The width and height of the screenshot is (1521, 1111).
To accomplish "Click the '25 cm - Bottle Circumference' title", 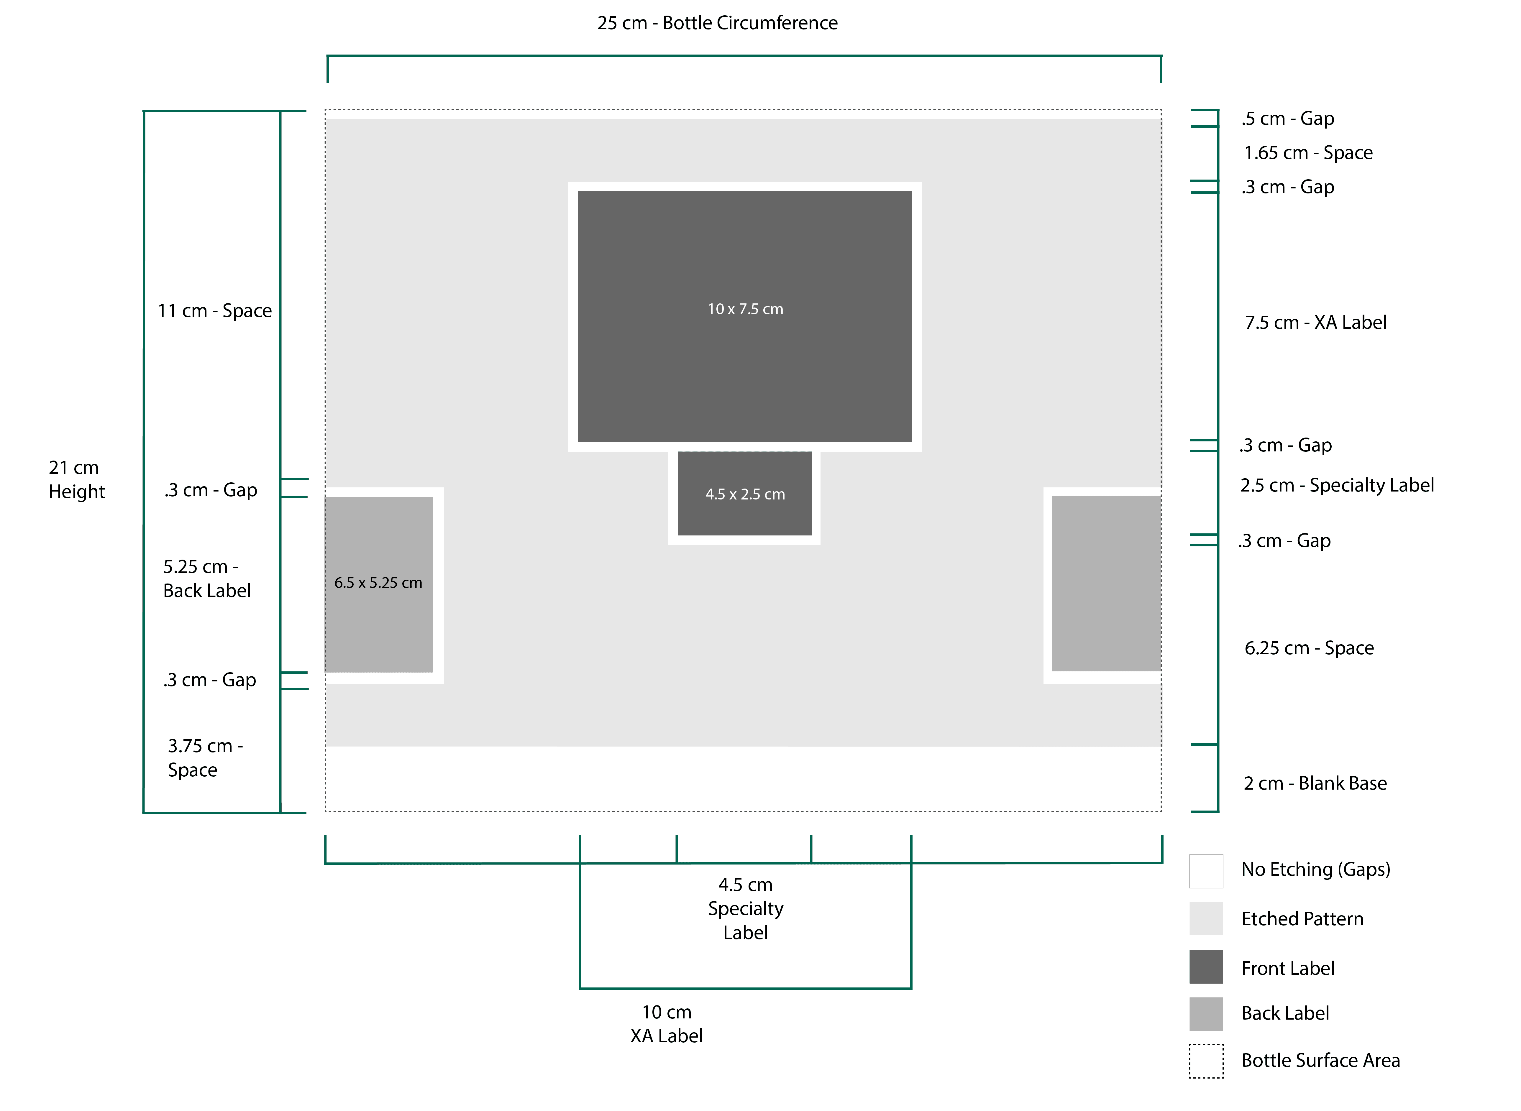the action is pos(717,23).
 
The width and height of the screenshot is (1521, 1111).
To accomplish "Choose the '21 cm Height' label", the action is pos(77,479).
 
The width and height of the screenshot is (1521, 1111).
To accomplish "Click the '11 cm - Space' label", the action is pos(215,311).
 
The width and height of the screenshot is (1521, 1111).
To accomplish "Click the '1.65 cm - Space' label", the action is pos(1308,153).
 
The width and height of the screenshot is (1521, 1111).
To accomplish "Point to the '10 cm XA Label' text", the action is pos(667,1023).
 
